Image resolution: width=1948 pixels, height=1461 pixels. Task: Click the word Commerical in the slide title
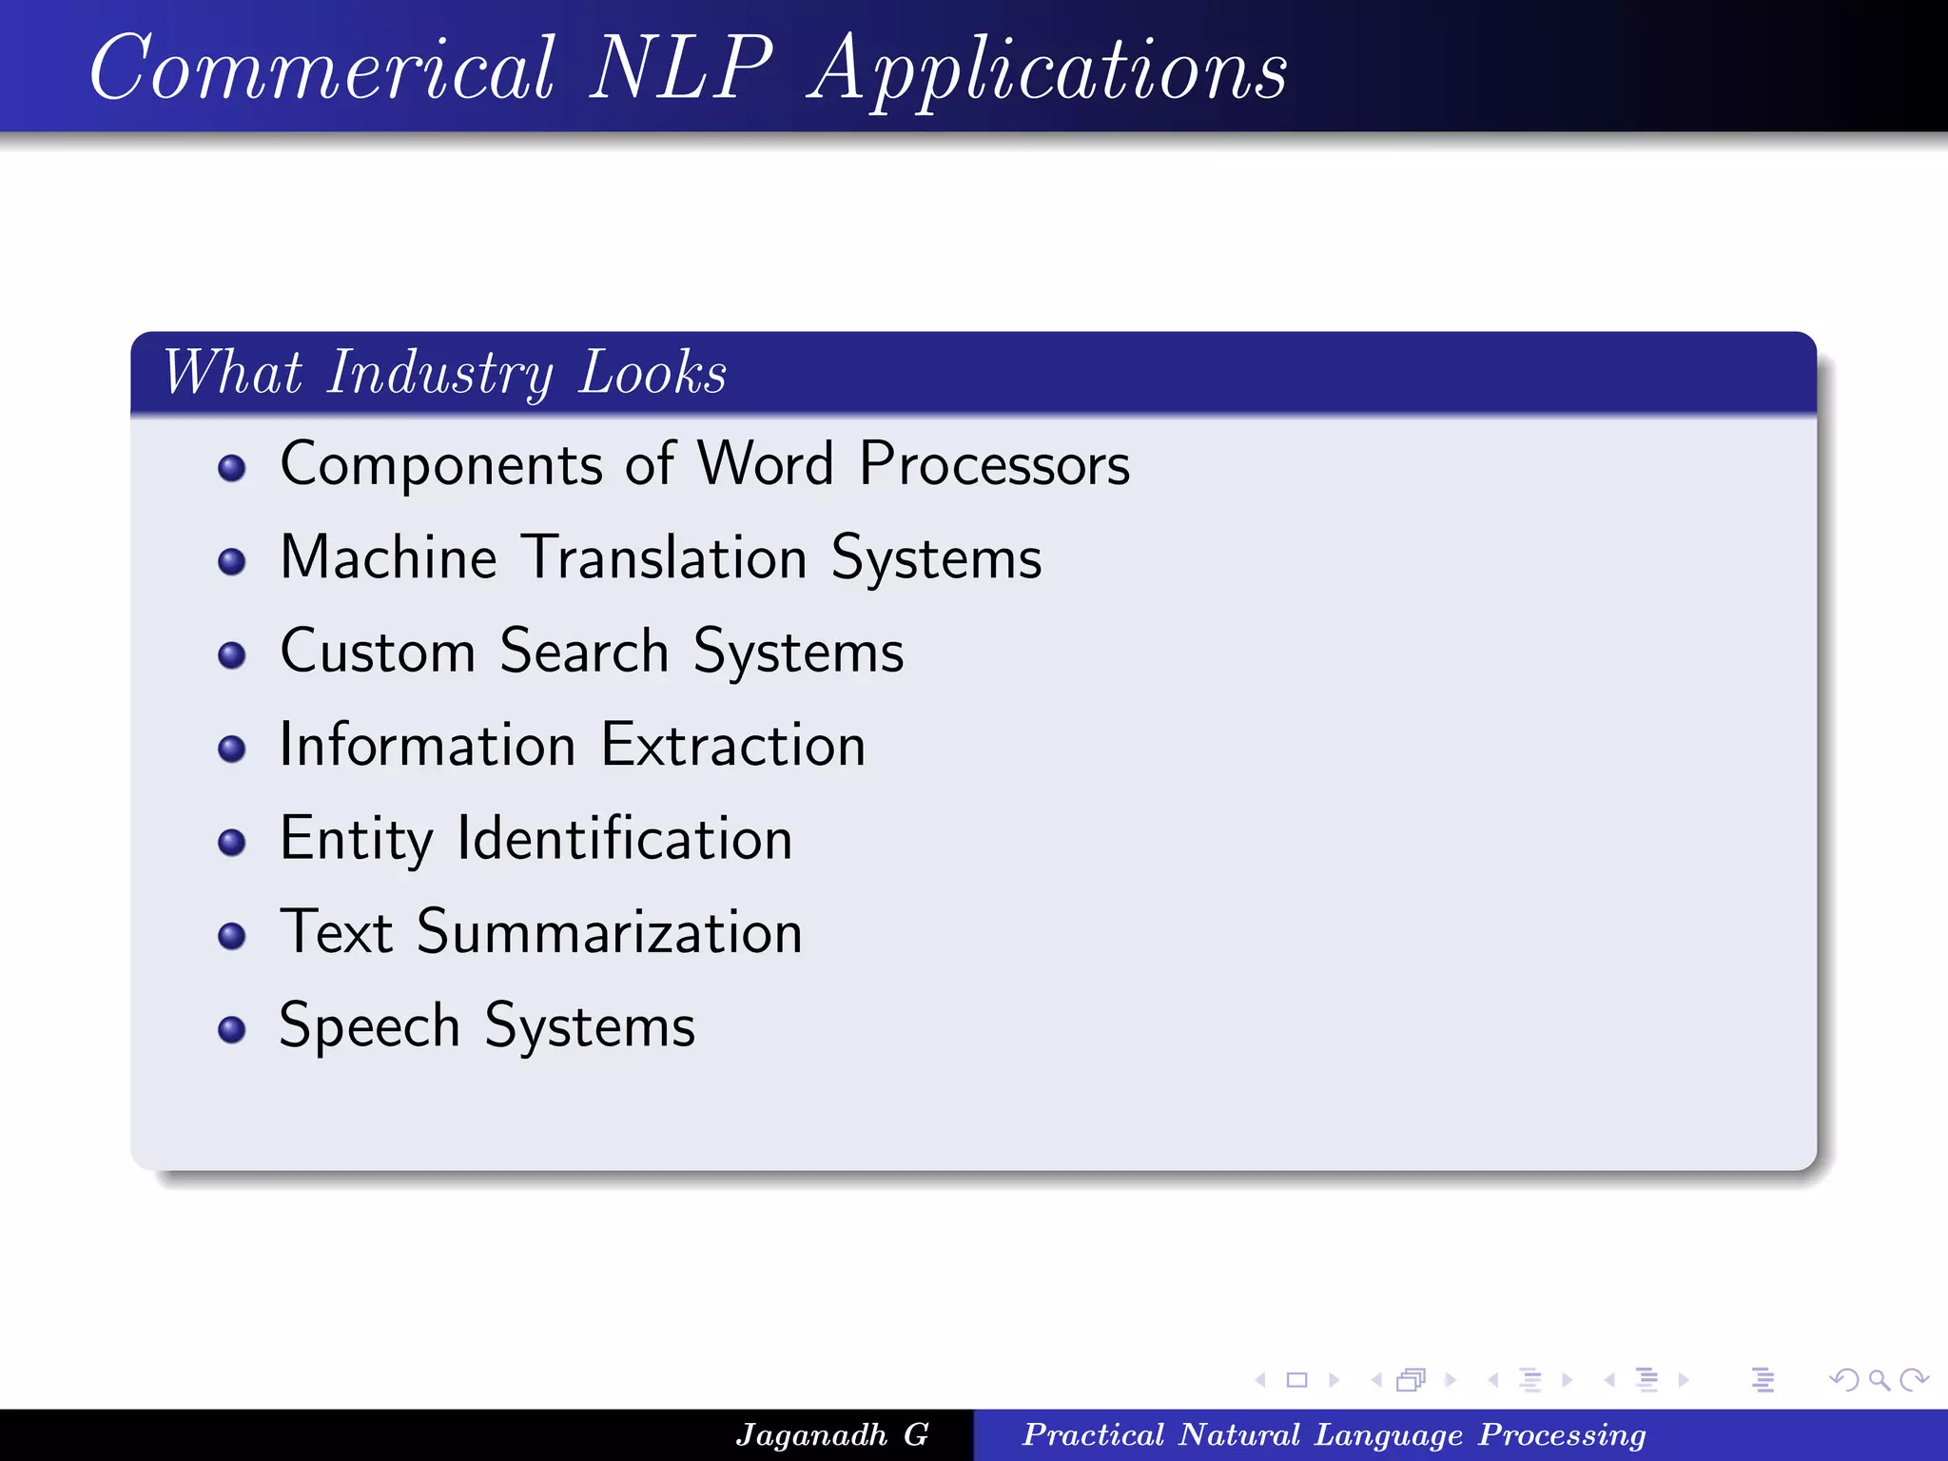click(x=321, y=68)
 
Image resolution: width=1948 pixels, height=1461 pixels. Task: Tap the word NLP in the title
click(x=681, y=68)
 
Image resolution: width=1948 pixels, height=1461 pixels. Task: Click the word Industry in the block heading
click(x=439, y=373)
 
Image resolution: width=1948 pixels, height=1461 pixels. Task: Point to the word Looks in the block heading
click(x=653, y=373)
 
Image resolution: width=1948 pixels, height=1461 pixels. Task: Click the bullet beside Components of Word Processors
click(x=232, y=468)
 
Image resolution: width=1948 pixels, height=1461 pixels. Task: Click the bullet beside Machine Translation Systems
click(x=232, y=561)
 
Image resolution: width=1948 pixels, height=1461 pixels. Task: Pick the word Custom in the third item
click(x=378, y=652)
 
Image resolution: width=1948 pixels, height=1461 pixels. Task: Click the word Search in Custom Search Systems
click(x=584, y=652)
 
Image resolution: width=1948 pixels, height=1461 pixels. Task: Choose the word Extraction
click(x=733, y=745)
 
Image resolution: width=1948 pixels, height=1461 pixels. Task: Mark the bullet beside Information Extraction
click(x=232, y=749)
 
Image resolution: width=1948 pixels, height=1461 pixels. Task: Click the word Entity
click(x=356, y=840)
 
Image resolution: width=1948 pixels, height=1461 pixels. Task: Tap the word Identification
click(x=625, y=839)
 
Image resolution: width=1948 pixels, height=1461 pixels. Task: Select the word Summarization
click(x=610, y=932)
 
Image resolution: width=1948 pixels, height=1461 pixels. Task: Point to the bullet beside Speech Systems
click(x=232, y=1029)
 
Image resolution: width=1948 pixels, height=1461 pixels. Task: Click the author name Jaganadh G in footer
click(x=832, y=1434)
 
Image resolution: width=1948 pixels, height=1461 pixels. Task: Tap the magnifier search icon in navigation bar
click(x=1879, y=1379)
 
